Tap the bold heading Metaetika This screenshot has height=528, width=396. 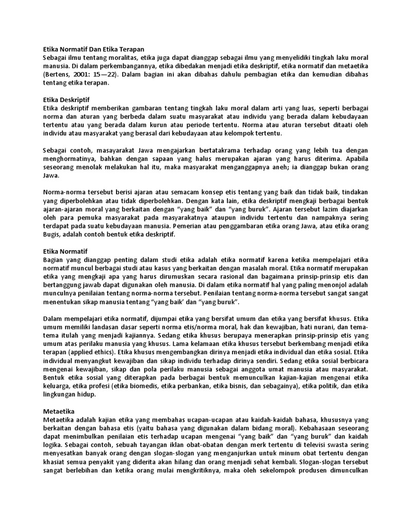(59, 411)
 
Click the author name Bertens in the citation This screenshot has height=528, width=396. (57, 74)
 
